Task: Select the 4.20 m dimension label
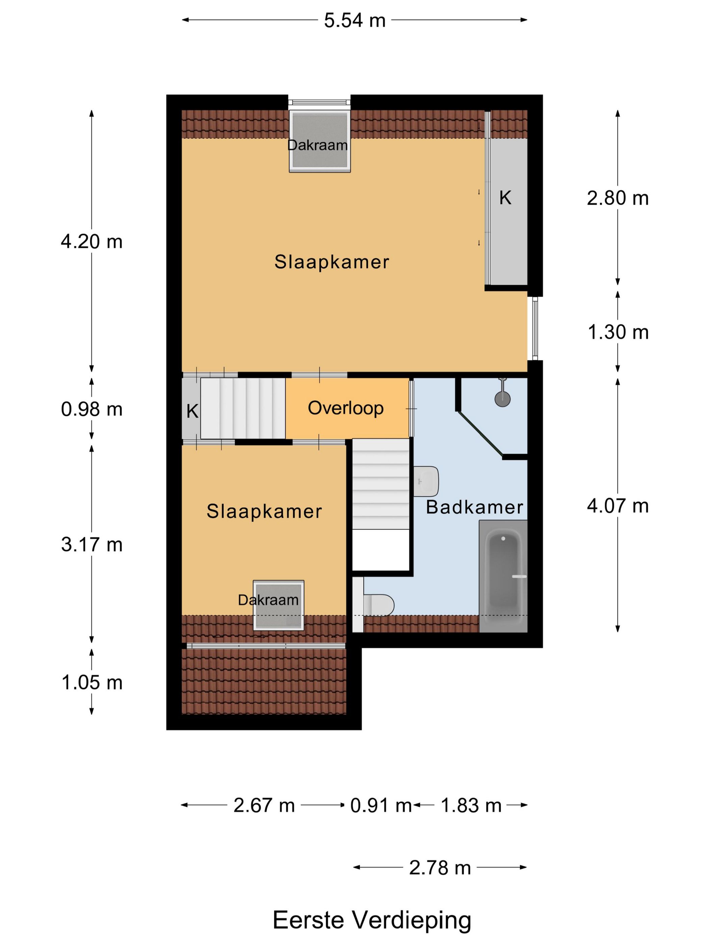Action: click(x=91, y=242)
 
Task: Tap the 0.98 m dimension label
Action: click(x=91, y=409)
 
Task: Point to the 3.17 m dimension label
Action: click(x=91, y=544)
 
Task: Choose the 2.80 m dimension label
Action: click(x=618, y=198)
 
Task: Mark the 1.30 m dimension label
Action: click(x=618, y=332)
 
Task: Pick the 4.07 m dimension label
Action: click(x=618, y=506)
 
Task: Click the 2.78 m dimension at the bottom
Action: click(x=440, y=868)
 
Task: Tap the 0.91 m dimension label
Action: click(x=381, y=806)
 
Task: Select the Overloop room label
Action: click(x=346, y=408)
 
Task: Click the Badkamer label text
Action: click(x=474, y=507)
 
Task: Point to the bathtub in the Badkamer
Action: click(x=503, y=576)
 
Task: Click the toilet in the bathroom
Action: click(x=378, y=605)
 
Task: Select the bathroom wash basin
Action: click(x=426, y=481)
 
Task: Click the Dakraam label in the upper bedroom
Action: click(x=317, y=145)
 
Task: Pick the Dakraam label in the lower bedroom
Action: click(x=268, y=600)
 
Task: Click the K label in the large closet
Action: click(x=505, y=198)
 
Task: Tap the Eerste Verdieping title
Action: click(x=372, y=920)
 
